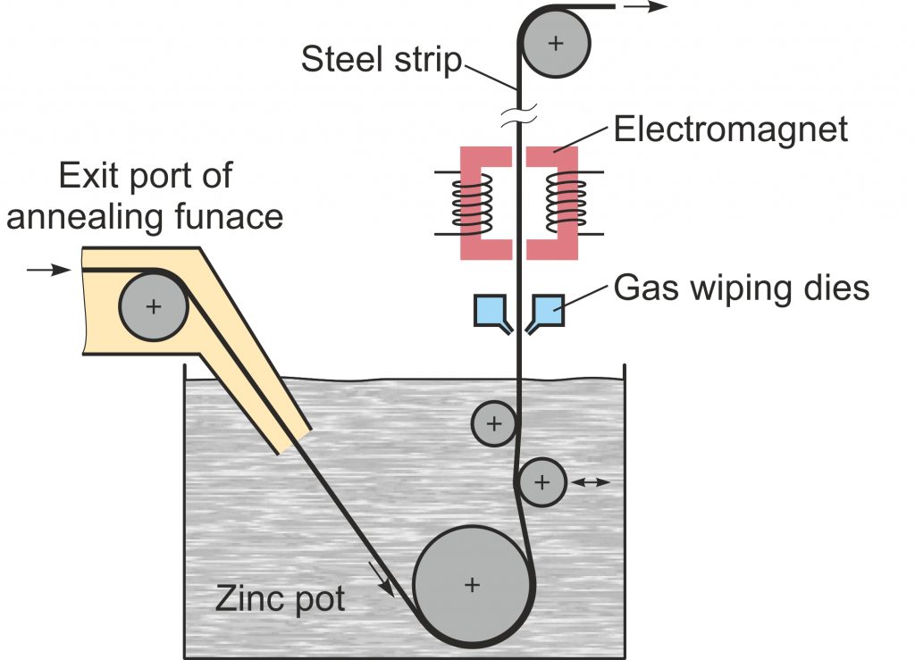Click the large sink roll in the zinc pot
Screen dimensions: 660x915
pyautogui.click(x=472, y=585)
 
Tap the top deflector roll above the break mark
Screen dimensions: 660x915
pyautogui.click(x=557, y=43)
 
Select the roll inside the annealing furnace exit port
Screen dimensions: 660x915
pyautogui.click(x=153, y=306)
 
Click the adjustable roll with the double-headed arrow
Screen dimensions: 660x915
pyautogui.click(x=541, y=482)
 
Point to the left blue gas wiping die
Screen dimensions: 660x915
pyautogui.click(x=491, y=311)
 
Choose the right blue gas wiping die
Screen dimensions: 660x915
pyautogui.click(x=548, y=311)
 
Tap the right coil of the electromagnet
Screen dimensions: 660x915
pyautogui.click(x=567, y=201)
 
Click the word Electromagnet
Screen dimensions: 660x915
pyautogui.click(x=730, y=130)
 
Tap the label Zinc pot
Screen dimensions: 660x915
pyautogui.click(x=280, y=598)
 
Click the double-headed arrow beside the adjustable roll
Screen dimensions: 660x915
pyautogui.click(x=591, y=482)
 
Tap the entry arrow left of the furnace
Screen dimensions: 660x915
pyautogui.click(x=49, y=269)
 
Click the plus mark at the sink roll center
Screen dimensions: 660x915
pyautogui.click(x=472, y=585)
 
